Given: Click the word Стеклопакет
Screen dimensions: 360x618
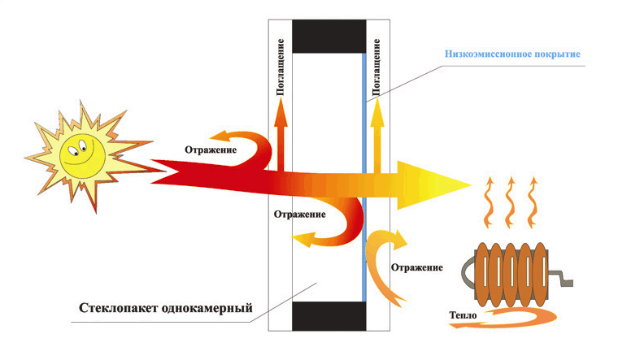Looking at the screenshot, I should pyautogui.click(x=118, y=309).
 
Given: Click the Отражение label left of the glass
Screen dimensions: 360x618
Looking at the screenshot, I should pyautogui.click(x=211, y=150).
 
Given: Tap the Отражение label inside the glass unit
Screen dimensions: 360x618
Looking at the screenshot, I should pyautogui.click(x=299, y=215).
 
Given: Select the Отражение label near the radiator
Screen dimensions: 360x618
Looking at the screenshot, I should pyautogui.click(x=416, y=267).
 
